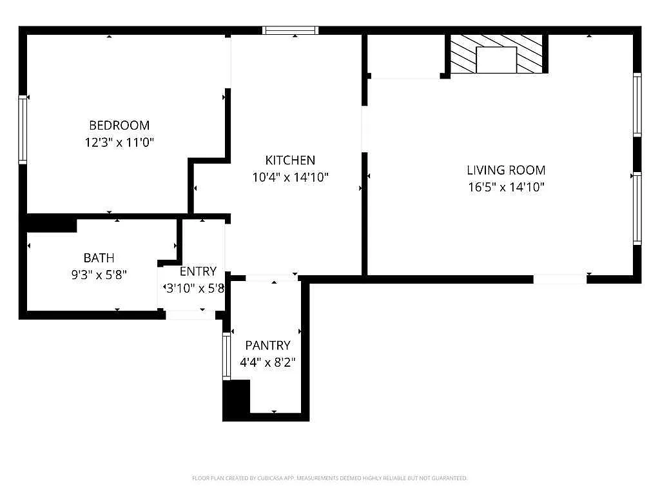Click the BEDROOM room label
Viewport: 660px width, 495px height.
pyautogui.click(x=119, y=126)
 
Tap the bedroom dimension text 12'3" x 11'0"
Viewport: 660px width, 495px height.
pyautogui.click(x=119, y=142)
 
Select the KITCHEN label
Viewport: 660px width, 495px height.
pyautogui.click(x=290, y=160)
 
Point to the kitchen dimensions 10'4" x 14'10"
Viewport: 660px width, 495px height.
pyautogui.click(x=290, y=177)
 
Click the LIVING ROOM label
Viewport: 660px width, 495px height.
pyautogui.click(x=506, y=170)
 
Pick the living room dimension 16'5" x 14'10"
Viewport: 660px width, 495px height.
pyautogui.click(x=507, y=187)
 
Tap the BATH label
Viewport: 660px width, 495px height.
pyautogui.click(x=99, y=258)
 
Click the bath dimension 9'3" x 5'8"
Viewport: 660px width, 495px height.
pyautogui.click(x=99, y=275)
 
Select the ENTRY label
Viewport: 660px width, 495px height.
pyautogui.click(x=198, y=271)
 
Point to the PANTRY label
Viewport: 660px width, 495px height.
pyautogui.click(x=267, y=345)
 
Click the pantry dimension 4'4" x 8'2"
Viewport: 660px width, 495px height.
pyautogui.click(x=267, y=362)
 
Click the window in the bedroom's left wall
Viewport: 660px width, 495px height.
pyautogui.click(x=23, y=130)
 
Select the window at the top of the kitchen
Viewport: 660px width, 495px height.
pyautogui.click(x=291, y=30)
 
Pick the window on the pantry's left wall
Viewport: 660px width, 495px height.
pyautogui.click(x=226, y=356)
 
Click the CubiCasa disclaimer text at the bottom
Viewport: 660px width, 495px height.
pyautogui.click(x=329, y=478)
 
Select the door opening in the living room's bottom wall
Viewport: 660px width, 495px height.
pyautogui.click(x=560, y=279)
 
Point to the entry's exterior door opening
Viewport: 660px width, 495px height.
pyautogui.click(x=190, y=315)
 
